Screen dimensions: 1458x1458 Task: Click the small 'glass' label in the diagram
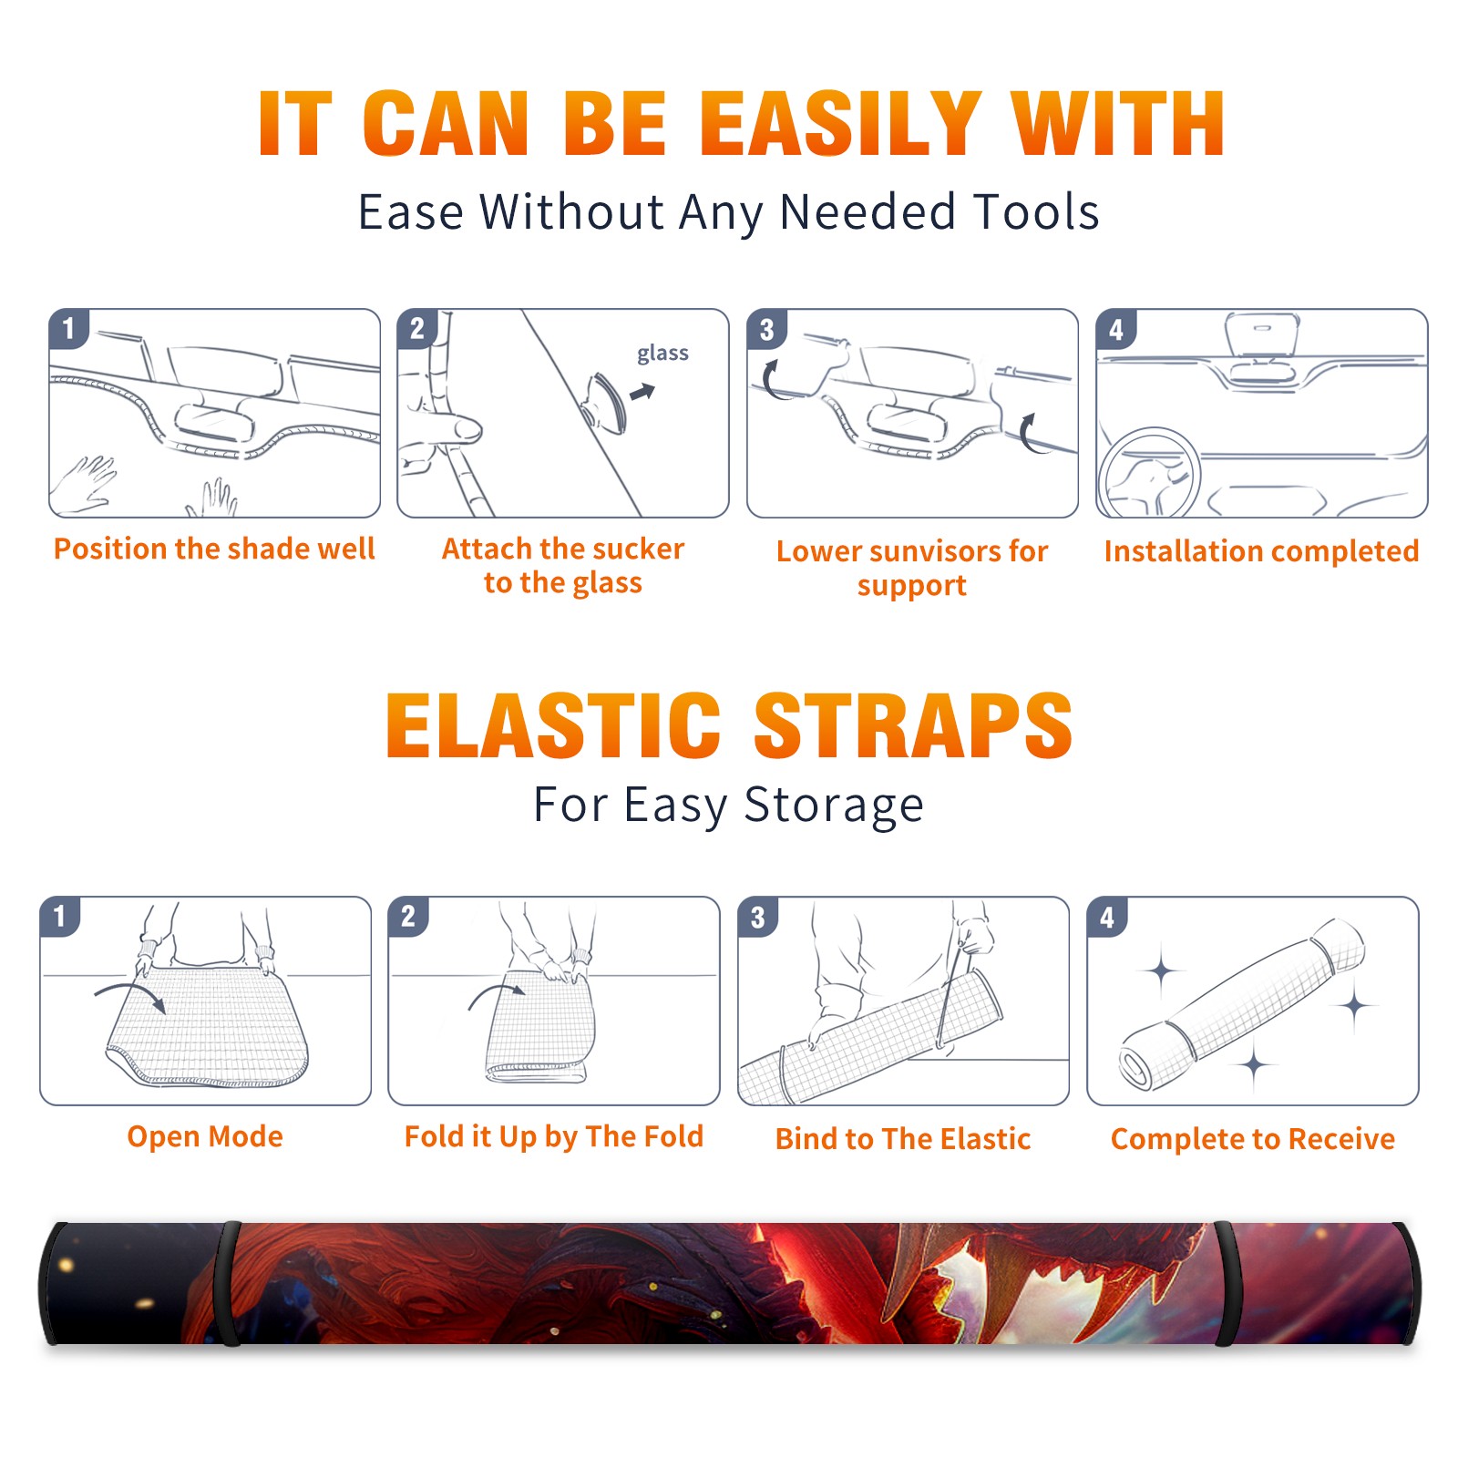point(662,354)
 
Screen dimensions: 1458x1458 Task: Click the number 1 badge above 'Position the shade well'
point(69,329)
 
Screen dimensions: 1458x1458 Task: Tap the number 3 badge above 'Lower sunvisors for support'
point(767,329)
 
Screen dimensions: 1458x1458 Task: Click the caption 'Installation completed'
point(1261,550)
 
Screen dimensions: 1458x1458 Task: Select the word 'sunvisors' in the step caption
point(921,551)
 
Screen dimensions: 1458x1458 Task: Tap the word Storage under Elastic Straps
point(834,806)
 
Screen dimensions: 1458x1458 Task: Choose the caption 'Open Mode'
point(205,1136)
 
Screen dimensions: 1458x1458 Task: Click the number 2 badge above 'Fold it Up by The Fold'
point(408,916)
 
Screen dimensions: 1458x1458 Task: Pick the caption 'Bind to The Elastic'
point(903,1138)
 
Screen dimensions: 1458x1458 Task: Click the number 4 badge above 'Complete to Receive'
point(1107,916)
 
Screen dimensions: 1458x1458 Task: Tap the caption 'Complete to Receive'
point(1253,1138)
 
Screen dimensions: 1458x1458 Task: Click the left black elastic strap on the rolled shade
point(228,1284)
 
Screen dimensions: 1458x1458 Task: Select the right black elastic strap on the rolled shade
point(1227,1284)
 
